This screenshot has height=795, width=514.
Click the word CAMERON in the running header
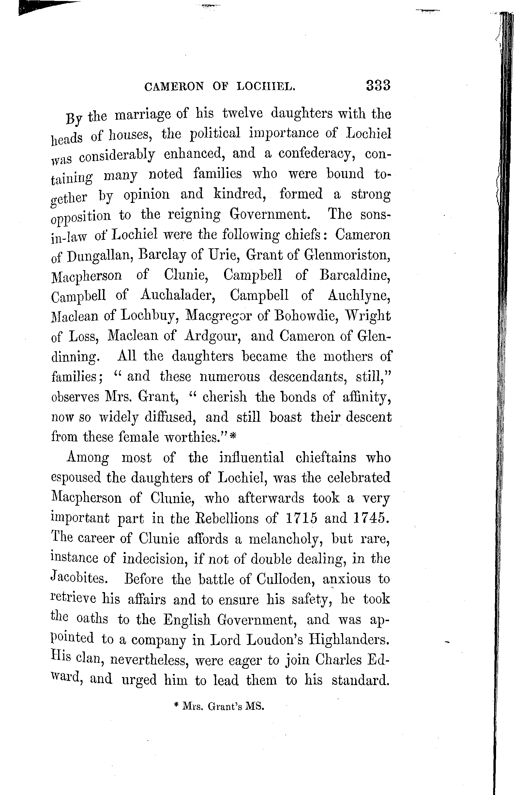174,87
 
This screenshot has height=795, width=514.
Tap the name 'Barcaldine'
355,275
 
